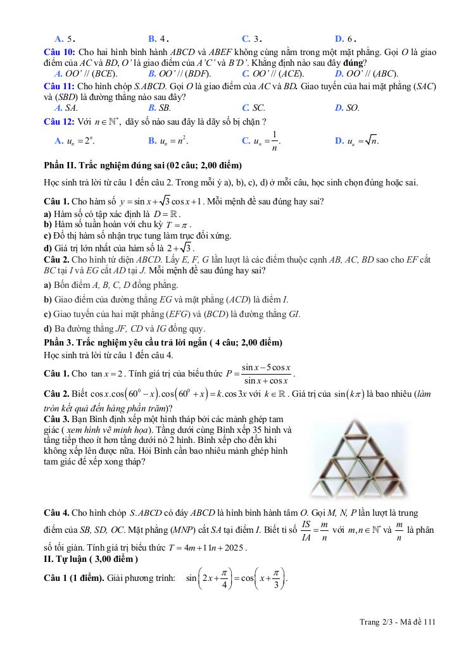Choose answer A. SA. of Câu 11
[x=66, y=108]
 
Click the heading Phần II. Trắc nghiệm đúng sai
[x=142, y=166]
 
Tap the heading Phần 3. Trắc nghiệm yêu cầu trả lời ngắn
[x=163, y=342]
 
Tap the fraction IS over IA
[x=306, y=531]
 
